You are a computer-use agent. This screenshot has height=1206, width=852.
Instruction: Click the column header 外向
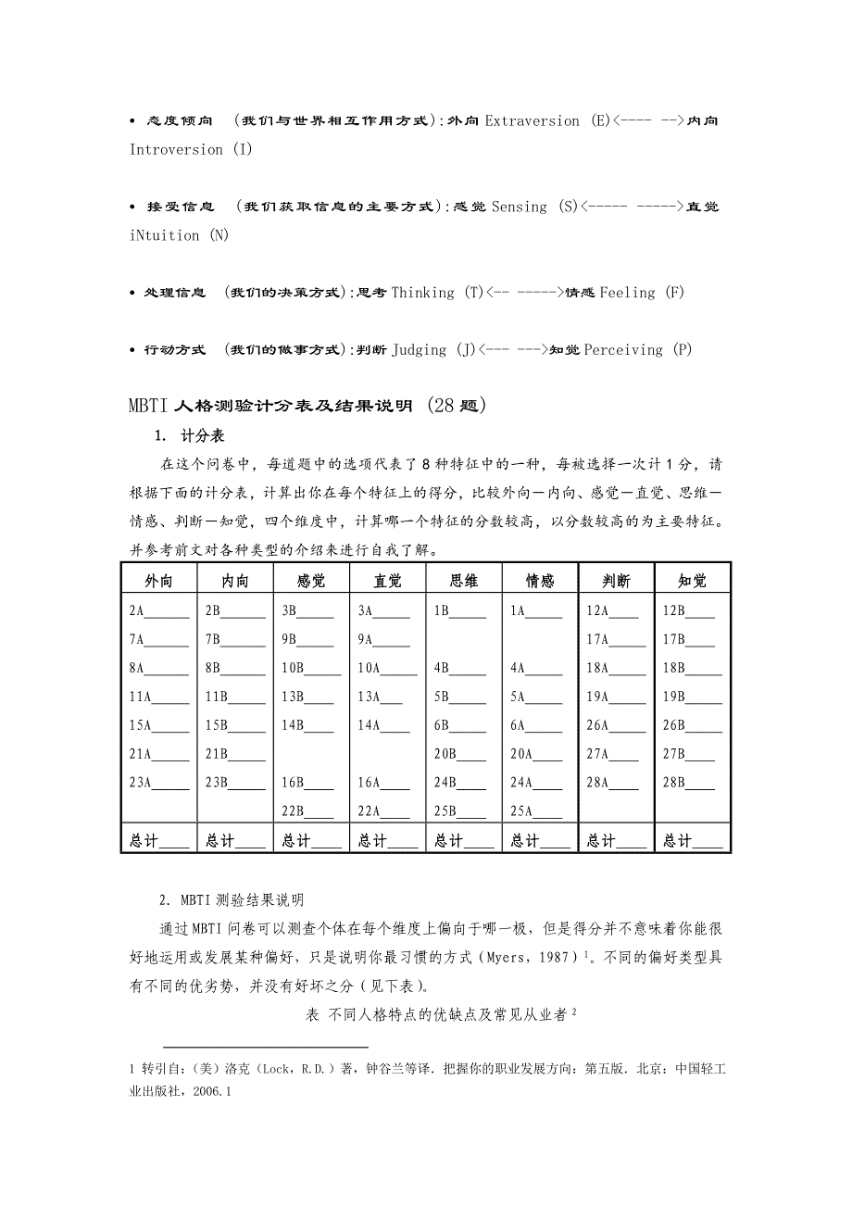pos(158,581)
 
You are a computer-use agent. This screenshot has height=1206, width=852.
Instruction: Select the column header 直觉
pos(387,581)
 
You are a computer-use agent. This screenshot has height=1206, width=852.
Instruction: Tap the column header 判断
pos(616,581)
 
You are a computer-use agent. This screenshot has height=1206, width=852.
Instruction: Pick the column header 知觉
pos(692,581)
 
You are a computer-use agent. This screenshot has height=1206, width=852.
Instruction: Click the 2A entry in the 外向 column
pos(137,610)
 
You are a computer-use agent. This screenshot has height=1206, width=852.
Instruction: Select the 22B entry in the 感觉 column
pos(294,811)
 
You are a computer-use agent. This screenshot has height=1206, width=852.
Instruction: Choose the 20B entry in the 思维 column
pos(445,754)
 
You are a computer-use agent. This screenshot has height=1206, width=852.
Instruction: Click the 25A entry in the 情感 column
pos(521,811)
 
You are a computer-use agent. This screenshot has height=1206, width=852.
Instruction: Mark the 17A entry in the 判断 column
pos(597,639)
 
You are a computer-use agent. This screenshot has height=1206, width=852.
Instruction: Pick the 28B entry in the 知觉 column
pos(673,783)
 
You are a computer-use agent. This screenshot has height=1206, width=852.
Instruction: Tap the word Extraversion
pos(532,120)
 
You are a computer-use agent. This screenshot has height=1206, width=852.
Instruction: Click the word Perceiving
pos(623,349)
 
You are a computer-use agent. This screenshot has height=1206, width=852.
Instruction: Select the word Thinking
pos(422,292)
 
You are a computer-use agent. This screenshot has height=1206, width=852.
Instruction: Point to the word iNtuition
pos(165,235)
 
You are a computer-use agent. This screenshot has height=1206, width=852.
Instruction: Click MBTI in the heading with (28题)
pos(149,406)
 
